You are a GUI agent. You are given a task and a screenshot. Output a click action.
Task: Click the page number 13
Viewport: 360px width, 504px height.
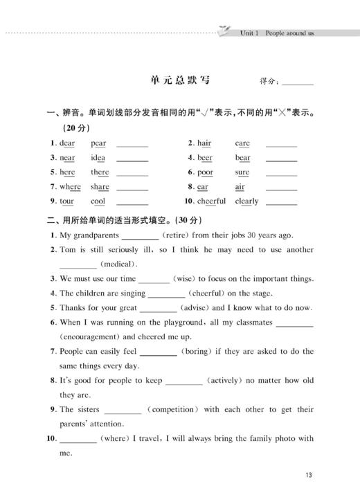point(309,475)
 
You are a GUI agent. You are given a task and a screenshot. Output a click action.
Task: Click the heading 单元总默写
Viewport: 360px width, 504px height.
point(179,80)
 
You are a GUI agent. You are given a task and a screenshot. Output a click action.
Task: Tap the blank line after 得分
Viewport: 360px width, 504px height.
point(298,82)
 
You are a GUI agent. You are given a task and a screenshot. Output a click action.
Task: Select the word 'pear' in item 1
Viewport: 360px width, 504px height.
point(98,143)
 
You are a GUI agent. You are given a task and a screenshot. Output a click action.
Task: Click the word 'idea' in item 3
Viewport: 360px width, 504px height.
point(98,158)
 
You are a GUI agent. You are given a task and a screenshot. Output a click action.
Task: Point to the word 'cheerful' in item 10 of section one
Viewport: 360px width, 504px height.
point(212,201)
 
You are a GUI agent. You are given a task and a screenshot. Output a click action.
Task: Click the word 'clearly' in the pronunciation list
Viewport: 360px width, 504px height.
point(246,201)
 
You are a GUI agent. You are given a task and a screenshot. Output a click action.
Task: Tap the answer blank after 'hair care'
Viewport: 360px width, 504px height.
point(281,145)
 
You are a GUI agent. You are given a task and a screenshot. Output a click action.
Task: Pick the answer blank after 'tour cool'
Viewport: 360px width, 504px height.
point(132,203)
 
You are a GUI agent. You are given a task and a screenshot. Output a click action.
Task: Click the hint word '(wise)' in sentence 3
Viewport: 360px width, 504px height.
point(184,278)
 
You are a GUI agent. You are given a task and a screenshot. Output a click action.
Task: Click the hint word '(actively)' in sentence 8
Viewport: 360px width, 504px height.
point(226,380)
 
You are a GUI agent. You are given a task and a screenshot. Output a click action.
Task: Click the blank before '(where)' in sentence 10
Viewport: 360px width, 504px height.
point(78,439)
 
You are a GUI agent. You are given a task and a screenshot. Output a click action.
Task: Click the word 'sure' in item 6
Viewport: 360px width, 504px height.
point(242,172)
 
